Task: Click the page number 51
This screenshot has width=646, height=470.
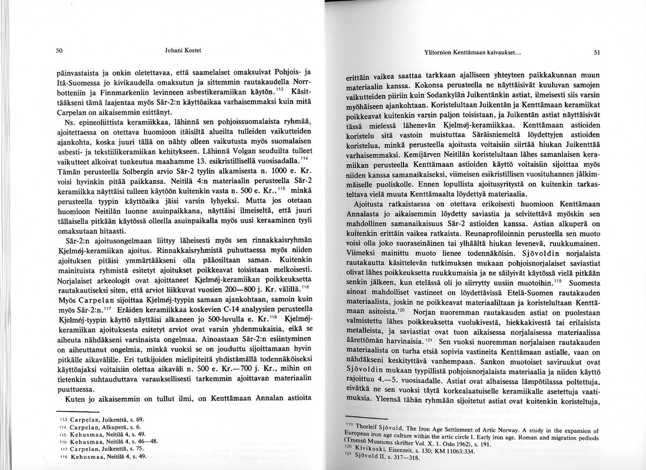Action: (x=596, y=52)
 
